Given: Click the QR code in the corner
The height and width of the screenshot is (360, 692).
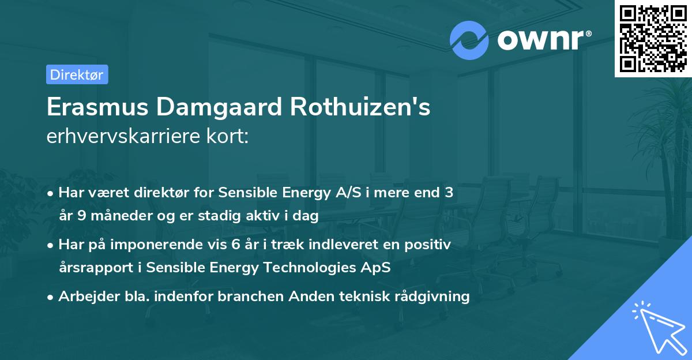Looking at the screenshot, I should [x=653, y=38].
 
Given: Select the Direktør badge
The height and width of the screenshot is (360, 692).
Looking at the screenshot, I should [x=77, y=74].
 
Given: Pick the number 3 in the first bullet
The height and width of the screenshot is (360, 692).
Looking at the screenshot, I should [x=449, y=193].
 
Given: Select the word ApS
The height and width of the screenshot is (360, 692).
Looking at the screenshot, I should [x=379, y=268].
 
